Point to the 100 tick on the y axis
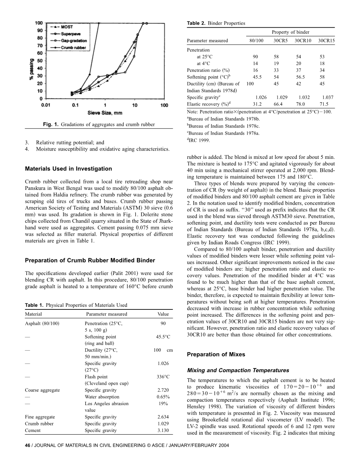[x=39, y=23]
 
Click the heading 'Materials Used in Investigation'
[x=68, y=169]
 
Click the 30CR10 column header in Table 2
[x=303, y=40]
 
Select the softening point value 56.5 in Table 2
[x=302, y=77]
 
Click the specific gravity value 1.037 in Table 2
[x=327, y=98]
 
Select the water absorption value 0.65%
[x=163, y=397]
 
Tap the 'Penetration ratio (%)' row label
[x=208, y=70]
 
